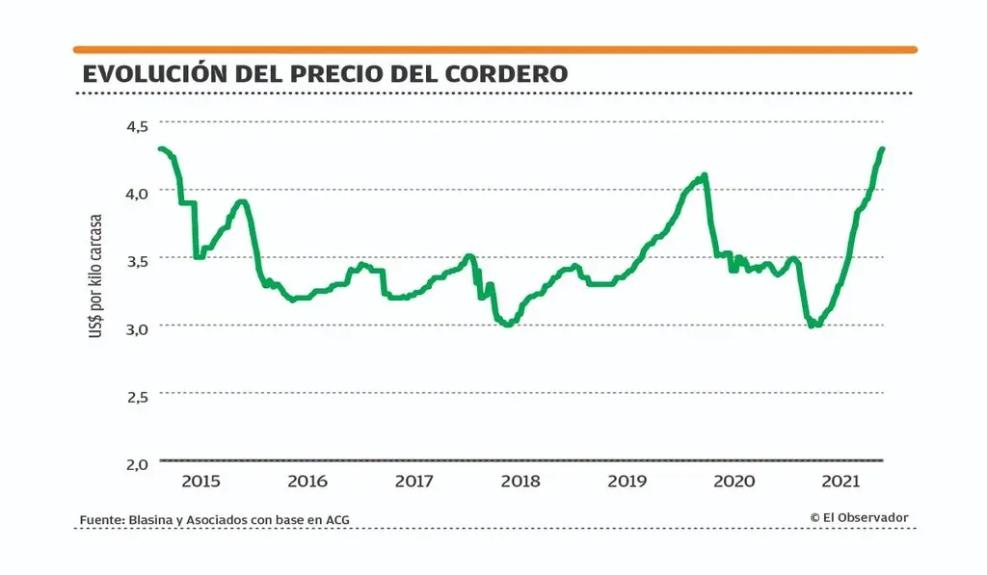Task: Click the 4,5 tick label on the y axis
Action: click(137, 125)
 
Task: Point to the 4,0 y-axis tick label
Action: click(137, 193)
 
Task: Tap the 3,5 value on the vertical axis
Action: click(137, 260)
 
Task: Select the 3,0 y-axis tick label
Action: click(137, 327)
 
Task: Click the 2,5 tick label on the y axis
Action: click(137, 396)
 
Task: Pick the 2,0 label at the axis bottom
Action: click(137, 463)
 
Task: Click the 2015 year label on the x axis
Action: click(201, 482)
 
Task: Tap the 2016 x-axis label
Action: click(307, 482)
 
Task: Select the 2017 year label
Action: click(413, 482)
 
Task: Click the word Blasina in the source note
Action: click(152, 520)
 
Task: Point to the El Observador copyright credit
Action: click(859, 517)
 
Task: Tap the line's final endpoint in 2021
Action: click(882, 149)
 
